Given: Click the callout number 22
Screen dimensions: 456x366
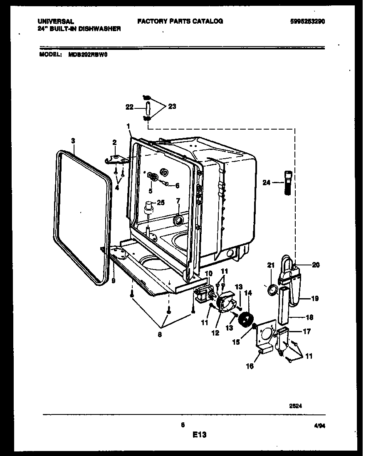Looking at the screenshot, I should (129, 107).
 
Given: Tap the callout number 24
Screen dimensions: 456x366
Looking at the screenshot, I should (267, 181).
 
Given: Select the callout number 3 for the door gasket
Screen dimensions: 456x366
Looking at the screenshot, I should (73, 141).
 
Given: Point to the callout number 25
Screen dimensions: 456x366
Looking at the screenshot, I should (161, 203).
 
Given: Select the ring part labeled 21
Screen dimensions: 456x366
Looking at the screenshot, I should (271, 289).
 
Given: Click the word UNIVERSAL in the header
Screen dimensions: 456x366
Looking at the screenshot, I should (56, 21).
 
